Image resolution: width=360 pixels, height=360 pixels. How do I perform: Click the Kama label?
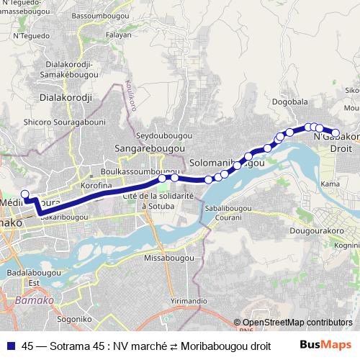pyautogui.click(x=330, y=184)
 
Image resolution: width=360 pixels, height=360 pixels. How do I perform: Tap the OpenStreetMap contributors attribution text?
pyautogui.click(x=297, y=322)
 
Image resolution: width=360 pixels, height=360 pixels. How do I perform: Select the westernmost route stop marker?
pyautogui.click(x=24, y=194)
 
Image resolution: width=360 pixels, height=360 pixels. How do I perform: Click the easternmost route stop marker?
pyautogui.click(x=335, y=131)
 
